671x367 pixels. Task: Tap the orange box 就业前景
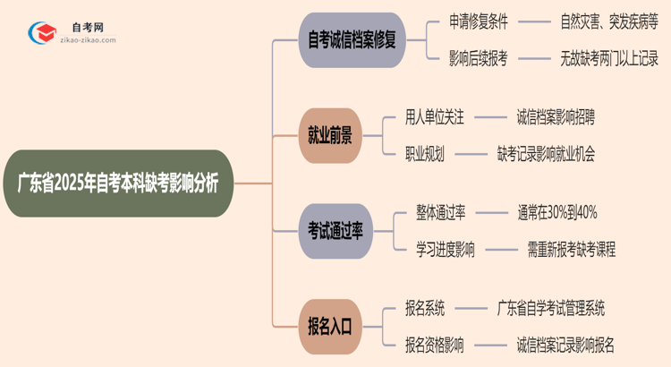330,135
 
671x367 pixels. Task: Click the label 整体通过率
440,212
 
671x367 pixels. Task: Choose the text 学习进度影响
446,249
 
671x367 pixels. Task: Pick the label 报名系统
425,308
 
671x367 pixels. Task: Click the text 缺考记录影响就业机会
547,153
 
